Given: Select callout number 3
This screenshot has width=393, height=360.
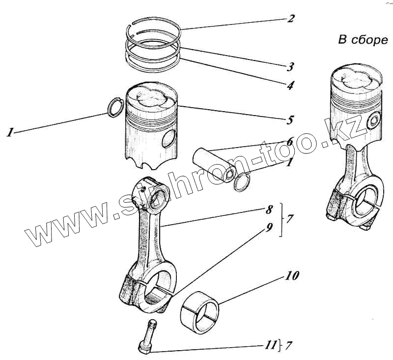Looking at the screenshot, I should [x=291, y=66].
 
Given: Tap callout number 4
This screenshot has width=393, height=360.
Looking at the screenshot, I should [x=291, y=85].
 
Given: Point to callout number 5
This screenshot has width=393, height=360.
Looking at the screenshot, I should [x=291, y=120].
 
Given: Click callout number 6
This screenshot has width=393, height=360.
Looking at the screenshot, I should [x=290, y=141].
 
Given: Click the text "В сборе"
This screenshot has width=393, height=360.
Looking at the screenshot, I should [x=363, y=40].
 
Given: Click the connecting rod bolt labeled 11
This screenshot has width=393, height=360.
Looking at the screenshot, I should [x=147, y=336].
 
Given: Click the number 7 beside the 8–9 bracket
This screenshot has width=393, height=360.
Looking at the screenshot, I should [x=289, y=218].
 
